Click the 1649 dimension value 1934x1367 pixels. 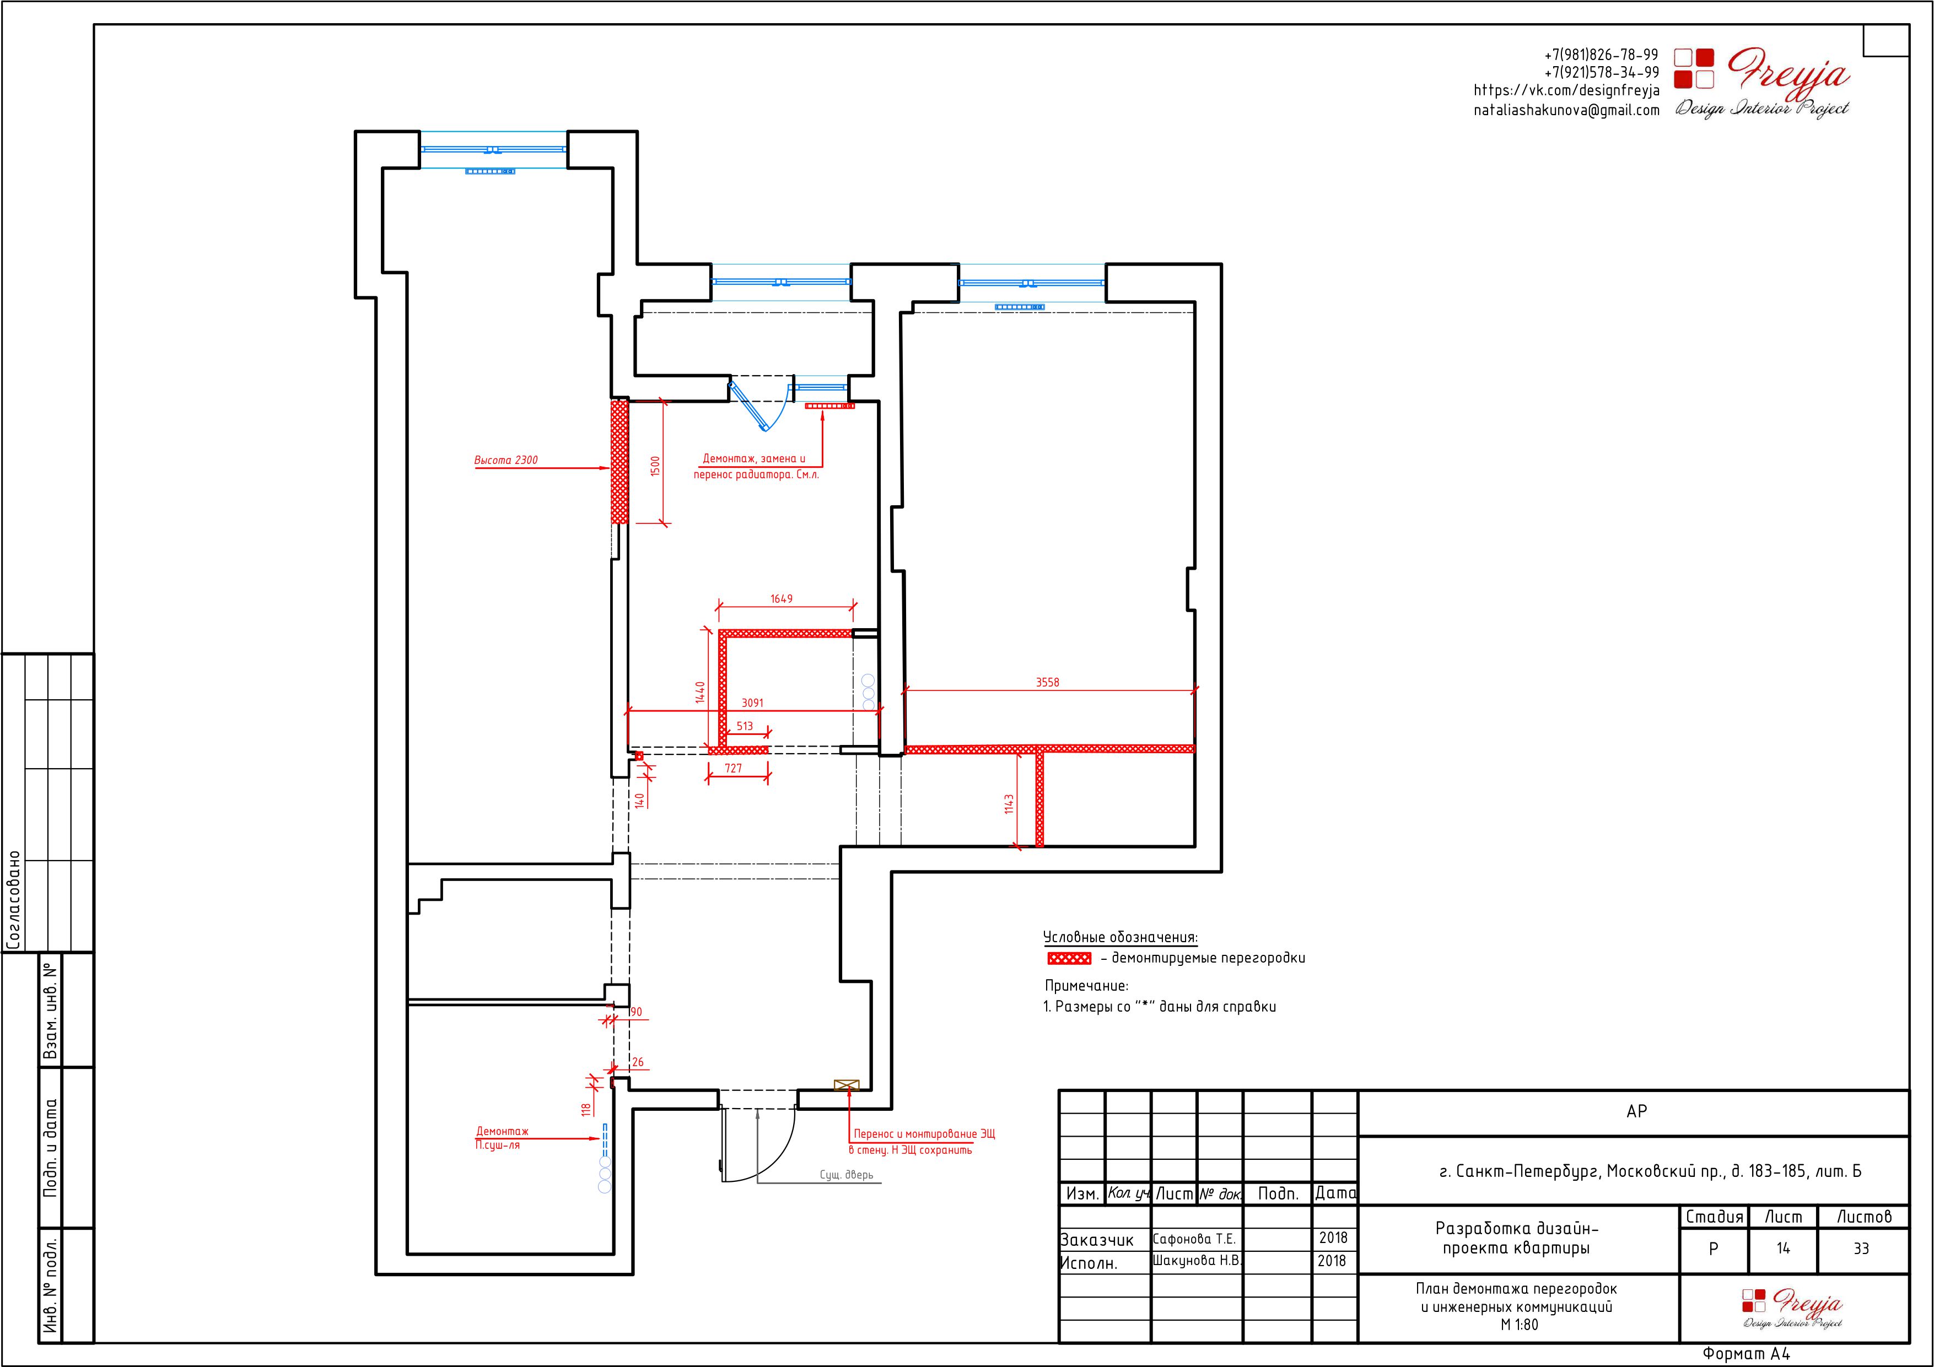[x=781, y=599]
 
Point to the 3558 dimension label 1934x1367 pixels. [x=1047, y=682]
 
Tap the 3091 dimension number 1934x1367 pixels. [x=752, y=703]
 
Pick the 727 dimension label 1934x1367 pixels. [x=733, y=768]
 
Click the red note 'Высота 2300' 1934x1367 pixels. [x=505, y=460]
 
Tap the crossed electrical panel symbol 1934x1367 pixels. [x=845, y=1085]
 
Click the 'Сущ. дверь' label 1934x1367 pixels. [x=847, y=1175]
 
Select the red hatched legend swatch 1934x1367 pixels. [x=1069, y=959]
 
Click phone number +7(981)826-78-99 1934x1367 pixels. [x=1601, y=55]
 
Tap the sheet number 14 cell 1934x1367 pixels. [x=1783, y=1248]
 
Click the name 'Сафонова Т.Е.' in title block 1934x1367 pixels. [x=1194, y=1239]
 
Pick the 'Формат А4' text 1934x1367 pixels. [x=1746, y=1354]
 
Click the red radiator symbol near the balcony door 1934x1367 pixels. [x=829, y=406]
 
